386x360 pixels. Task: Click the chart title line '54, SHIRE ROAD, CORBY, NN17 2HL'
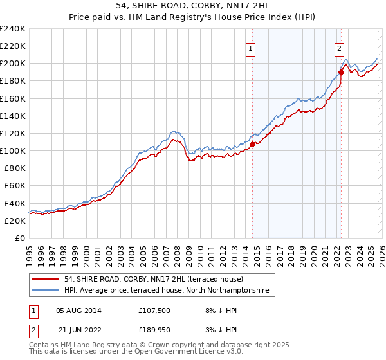(x=193, y=6)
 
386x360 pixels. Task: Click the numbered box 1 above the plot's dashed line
(x=250, y=47)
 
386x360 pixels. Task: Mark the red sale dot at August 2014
(x=252, y=144)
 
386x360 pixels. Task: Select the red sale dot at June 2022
(x=341, y=72)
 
